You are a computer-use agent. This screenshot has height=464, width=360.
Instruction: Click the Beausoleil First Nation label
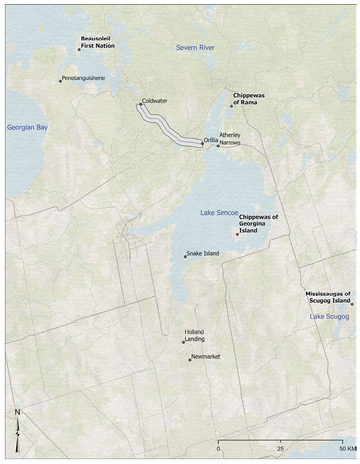97,42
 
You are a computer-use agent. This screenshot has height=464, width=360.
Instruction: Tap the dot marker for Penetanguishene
60,81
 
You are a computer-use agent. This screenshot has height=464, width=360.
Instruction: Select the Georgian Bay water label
27,127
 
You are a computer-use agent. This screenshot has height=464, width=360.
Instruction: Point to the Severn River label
195,47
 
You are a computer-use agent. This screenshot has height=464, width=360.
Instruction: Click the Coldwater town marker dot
141,104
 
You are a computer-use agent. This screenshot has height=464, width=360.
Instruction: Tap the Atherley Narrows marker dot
218,146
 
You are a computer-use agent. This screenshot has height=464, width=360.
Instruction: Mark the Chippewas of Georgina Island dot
237,234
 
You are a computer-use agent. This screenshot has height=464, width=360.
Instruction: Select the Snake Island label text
203,253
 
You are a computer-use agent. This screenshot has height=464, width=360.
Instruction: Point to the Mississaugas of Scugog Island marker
352,304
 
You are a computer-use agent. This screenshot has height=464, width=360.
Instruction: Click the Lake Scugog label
329,316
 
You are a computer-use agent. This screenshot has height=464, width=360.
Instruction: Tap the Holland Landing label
195,335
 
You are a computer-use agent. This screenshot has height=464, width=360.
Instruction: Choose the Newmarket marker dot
190,360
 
